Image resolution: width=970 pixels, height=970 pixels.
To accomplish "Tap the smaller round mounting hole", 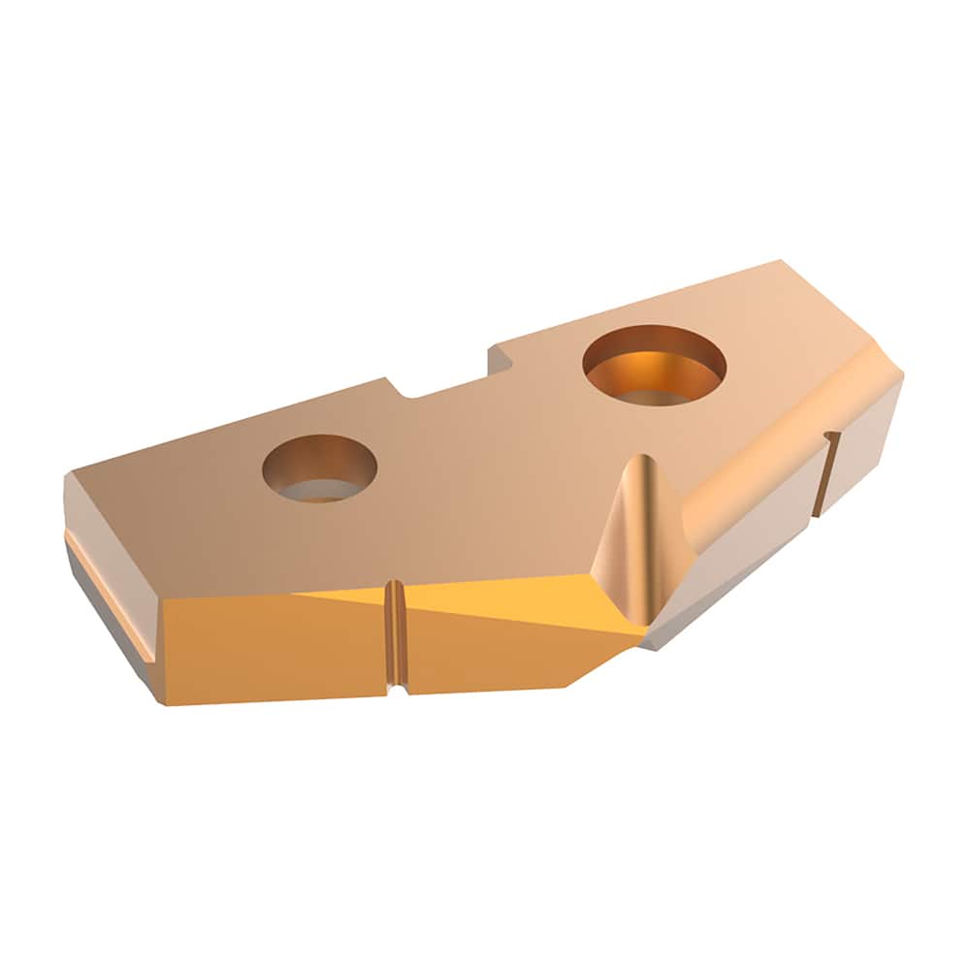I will [319, 468].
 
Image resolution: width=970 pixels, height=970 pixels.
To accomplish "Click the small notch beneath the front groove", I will [396, 690].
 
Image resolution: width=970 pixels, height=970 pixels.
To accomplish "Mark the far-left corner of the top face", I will [68, 475].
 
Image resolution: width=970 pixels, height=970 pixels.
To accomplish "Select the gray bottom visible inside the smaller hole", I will [320, 490].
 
